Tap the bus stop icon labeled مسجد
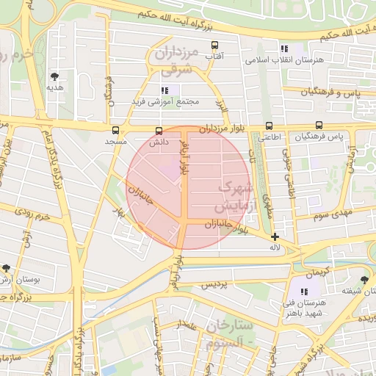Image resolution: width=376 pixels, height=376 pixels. [115, 130]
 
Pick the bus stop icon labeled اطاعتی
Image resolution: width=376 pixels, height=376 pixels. [269, 126]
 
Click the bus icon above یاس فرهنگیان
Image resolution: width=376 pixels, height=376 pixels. [319, 126]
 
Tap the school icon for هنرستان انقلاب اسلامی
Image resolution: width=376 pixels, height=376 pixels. [283, 49]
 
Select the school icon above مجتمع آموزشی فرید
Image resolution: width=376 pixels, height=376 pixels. [165, 90]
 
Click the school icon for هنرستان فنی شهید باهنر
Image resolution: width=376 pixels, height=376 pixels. [305, 292]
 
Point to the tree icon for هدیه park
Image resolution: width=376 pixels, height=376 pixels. [55, 76]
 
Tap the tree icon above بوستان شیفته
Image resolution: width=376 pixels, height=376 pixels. [365, 279]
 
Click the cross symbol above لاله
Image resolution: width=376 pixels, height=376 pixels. [275, 236]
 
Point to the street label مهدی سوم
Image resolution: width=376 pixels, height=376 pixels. [335, 214]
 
